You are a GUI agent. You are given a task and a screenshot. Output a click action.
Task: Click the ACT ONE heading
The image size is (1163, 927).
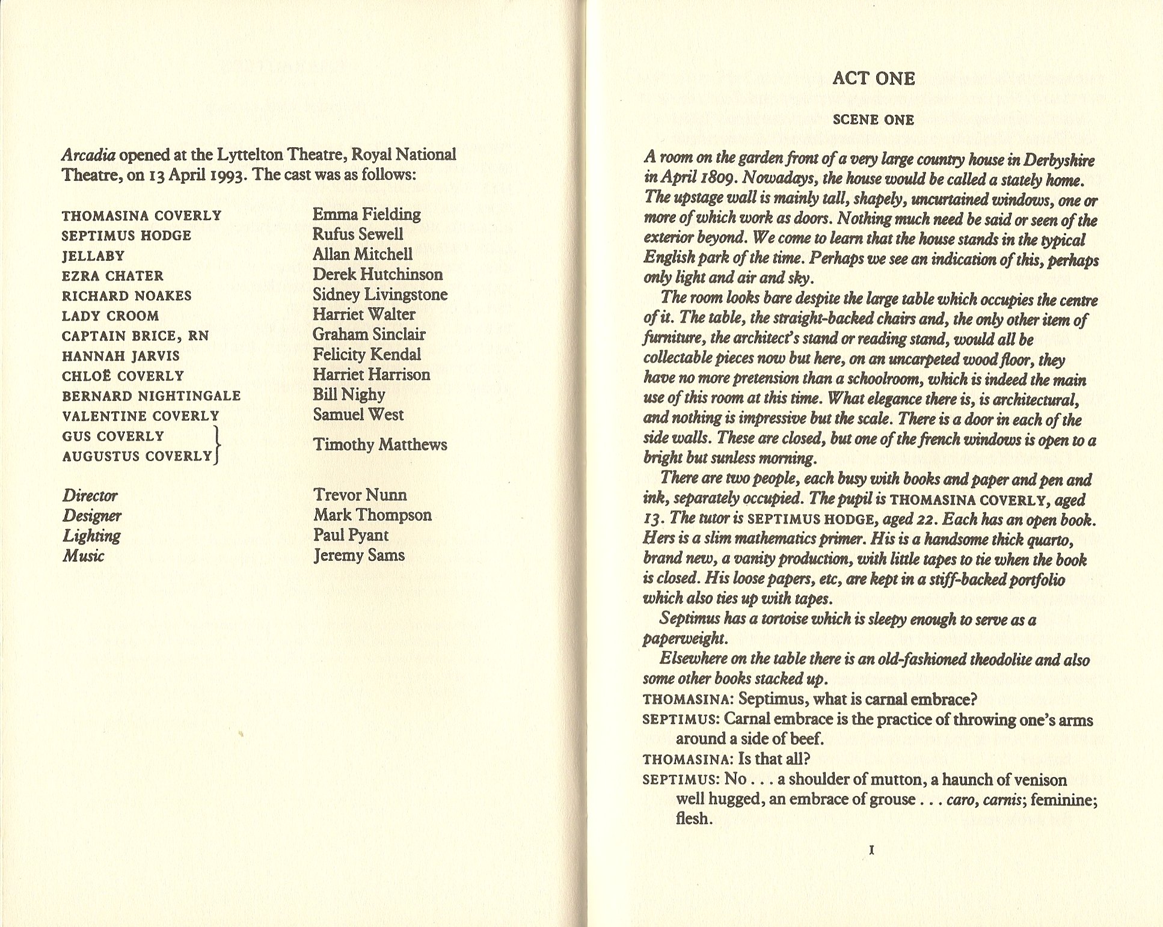click(873, 79)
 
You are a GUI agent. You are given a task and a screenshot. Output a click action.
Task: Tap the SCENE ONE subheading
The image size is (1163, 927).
click(873, 120)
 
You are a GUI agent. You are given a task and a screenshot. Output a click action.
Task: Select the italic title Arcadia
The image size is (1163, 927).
click(88, 155)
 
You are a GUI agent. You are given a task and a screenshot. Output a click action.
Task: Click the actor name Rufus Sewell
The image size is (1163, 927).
click(358, 234)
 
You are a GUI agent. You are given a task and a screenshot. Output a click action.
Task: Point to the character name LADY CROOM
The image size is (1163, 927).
click(111, 316)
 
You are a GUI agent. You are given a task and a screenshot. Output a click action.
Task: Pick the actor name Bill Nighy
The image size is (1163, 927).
click(349, 395)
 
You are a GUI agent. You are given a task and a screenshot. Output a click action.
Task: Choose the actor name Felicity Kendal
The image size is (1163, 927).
click(367, 355)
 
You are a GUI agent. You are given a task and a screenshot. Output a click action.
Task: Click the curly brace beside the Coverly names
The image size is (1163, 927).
click(218, 445)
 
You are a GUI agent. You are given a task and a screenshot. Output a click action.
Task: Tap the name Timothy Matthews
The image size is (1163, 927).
click(380, 445)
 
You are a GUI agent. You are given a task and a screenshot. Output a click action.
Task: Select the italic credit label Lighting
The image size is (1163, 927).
click(91, 536)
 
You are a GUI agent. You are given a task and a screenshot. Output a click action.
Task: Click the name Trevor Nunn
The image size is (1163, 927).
click(360, 495)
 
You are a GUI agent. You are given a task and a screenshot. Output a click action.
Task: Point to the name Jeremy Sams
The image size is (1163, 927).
click(359, 555)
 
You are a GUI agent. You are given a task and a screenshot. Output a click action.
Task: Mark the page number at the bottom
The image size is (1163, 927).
click(872, 850)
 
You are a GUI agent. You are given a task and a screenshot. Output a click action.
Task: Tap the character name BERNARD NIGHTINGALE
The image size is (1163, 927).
click(152, 396)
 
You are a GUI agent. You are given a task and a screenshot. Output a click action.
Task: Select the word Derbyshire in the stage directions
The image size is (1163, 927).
click(1059, 161)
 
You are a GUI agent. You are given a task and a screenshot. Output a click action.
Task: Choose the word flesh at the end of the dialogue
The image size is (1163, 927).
click(693, 819)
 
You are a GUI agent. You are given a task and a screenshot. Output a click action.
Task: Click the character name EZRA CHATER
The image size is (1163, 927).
click(112, 276)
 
